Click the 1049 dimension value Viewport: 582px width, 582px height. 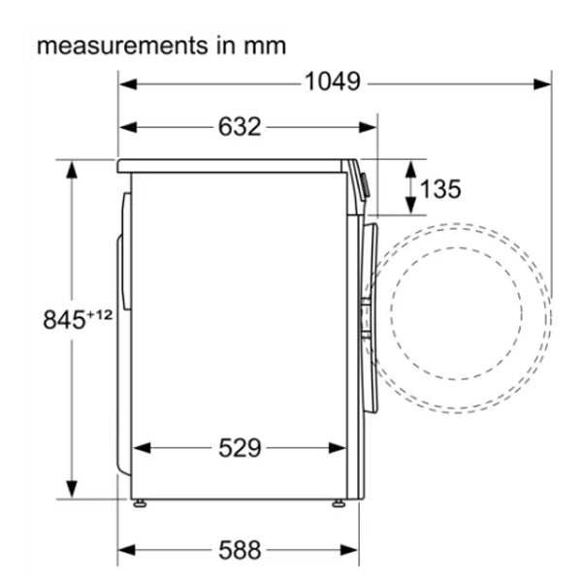332,81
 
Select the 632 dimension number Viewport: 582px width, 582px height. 240,127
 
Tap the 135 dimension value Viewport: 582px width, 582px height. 440,188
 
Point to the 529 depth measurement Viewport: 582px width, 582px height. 240,447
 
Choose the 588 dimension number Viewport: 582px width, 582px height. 240,550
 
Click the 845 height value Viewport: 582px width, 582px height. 64,319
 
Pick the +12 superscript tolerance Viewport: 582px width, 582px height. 99,315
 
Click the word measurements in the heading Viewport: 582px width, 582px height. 122,46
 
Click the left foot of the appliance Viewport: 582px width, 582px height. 140,503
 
